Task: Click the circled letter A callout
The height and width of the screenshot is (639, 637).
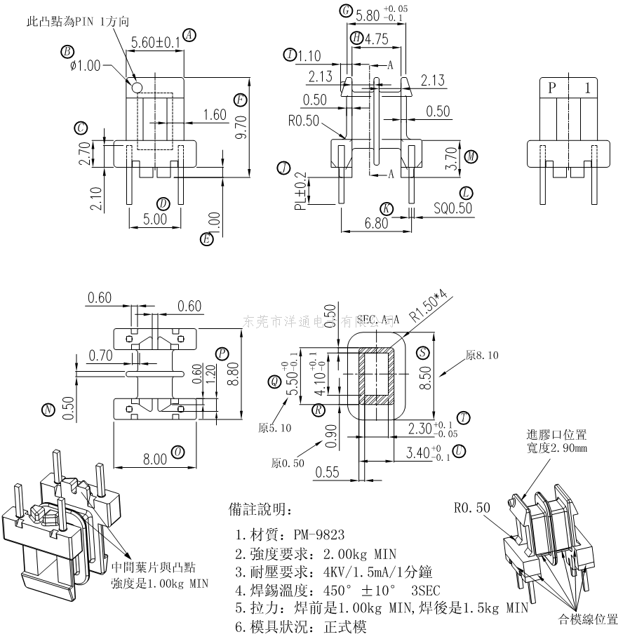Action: (x=189, y=34)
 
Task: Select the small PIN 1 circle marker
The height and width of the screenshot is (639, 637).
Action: (x=137, y=88)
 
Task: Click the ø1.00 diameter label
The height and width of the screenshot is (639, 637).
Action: (x=86, y=66)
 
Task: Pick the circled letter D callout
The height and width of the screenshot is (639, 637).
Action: (x=163, y=204)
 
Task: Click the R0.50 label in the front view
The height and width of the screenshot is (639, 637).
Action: (x=303, y=120)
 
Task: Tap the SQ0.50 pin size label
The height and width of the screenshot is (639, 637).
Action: (x=452, y=208)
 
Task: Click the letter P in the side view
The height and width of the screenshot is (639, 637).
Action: (x=552, y=88)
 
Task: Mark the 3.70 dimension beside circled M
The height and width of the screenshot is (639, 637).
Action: (x=452, y=156)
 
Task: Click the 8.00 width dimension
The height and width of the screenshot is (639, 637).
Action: (x=155, y=459)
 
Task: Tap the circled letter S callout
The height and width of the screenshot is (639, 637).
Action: (x=422, y=352)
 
